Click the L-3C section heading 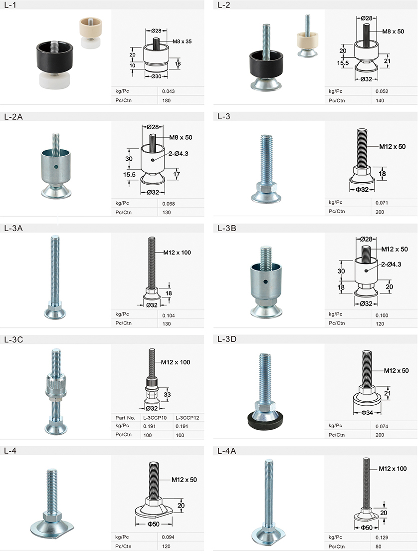tap(13, 339)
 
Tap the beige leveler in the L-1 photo tap(90, 33)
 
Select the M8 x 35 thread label tap(182, 41)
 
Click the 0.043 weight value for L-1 tap(168, 91)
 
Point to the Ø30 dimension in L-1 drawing tap(156, 76)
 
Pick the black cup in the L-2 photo tap(266, 65)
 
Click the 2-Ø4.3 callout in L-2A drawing tap(179, 154)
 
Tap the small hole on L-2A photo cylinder tap(56, 166)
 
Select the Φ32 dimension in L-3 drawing tap(362, 190)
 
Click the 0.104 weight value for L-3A tap(169, 315)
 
